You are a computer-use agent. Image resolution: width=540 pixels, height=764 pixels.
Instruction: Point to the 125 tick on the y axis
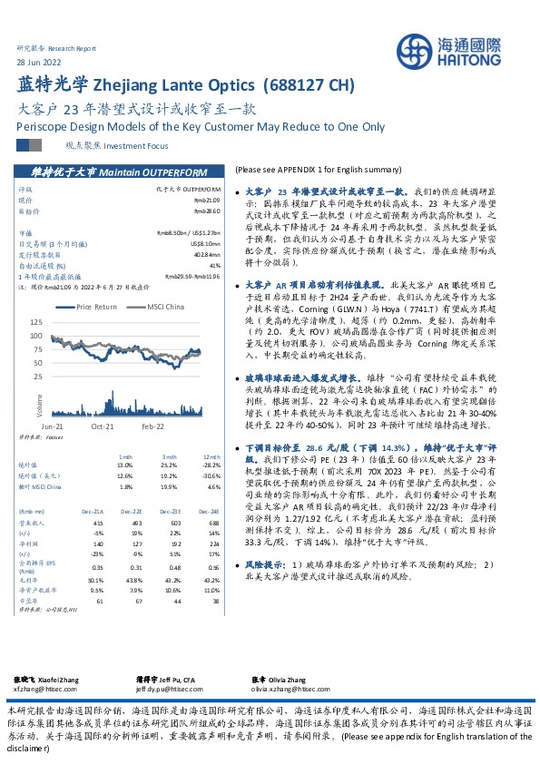coord(35,322)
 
